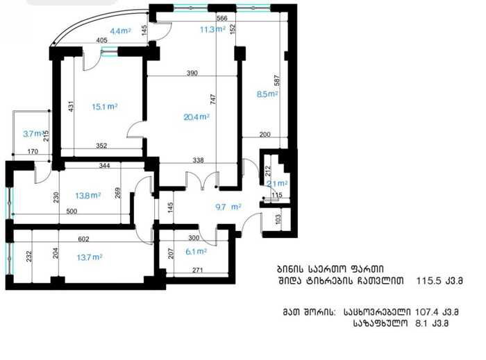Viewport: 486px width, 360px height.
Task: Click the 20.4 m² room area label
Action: coord(196,117)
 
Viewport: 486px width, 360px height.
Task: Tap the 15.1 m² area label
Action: coord(105,107)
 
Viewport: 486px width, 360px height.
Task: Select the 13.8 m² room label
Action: coord(88,196)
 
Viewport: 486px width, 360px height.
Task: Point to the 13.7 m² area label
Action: coord(90,257)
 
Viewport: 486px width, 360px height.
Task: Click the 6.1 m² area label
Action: coord(196,252)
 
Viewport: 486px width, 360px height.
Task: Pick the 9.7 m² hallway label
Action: coord(228,207)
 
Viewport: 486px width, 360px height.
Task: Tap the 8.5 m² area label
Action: coord(267,94)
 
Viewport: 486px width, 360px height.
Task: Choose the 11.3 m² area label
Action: coord(212,30)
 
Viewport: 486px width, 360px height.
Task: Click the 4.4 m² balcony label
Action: coord(121,31)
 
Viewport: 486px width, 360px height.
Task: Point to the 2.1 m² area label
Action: coord(277,184)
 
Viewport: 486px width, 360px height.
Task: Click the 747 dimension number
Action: coord(213,99)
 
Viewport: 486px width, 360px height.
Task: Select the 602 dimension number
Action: coord(84,239)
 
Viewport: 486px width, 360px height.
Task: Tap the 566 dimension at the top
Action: coord(222,18)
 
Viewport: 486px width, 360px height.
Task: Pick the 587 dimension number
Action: coord(277,80)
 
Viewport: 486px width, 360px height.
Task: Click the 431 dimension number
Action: coord(71,107)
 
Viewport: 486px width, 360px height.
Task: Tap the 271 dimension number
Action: coord(198,271)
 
